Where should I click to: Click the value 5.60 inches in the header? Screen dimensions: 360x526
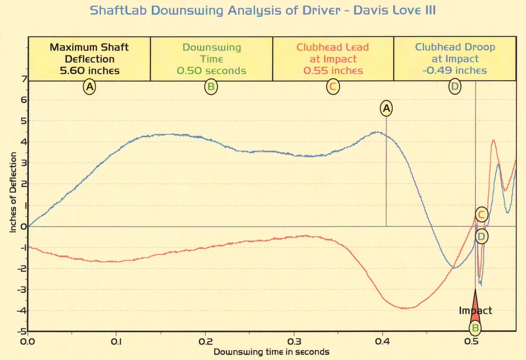pyautogui.click(x=90, y=71)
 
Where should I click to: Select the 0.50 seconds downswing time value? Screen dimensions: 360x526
pyautogui.click(x=212, y=71)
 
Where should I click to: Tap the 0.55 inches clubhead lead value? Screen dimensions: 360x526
pyautogui.click(x=333, y=71)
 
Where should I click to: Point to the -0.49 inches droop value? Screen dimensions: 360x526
pyautogui.click(x=455, y=71)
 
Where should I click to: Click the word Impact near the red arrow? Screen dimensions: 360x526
pyautogui.click(x=475, y=311)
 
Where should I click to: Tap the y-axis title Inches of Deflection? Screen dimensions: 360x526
pyautogui.click(x=13, y=192)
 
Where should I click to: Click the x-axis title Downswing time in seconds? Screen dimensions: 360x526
pyautogui.click(x=271, y=351)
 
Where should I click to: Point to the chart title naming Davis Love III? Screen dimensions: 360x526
pyautogui.click(x=263, y=10)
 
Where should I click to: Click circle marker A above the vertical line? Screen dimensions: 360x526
pyautogui.click(x=386, y=108)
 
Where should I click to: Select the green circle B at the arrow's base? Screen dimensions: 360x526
pyautogui.click(x=475, y=328)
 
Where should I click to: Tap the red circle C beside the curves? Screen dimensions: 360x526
pyautogui.click(x=481, y=214)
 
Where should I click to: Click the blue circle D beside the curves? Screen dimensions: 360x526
pyautogui.click(x=481, y=236)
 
